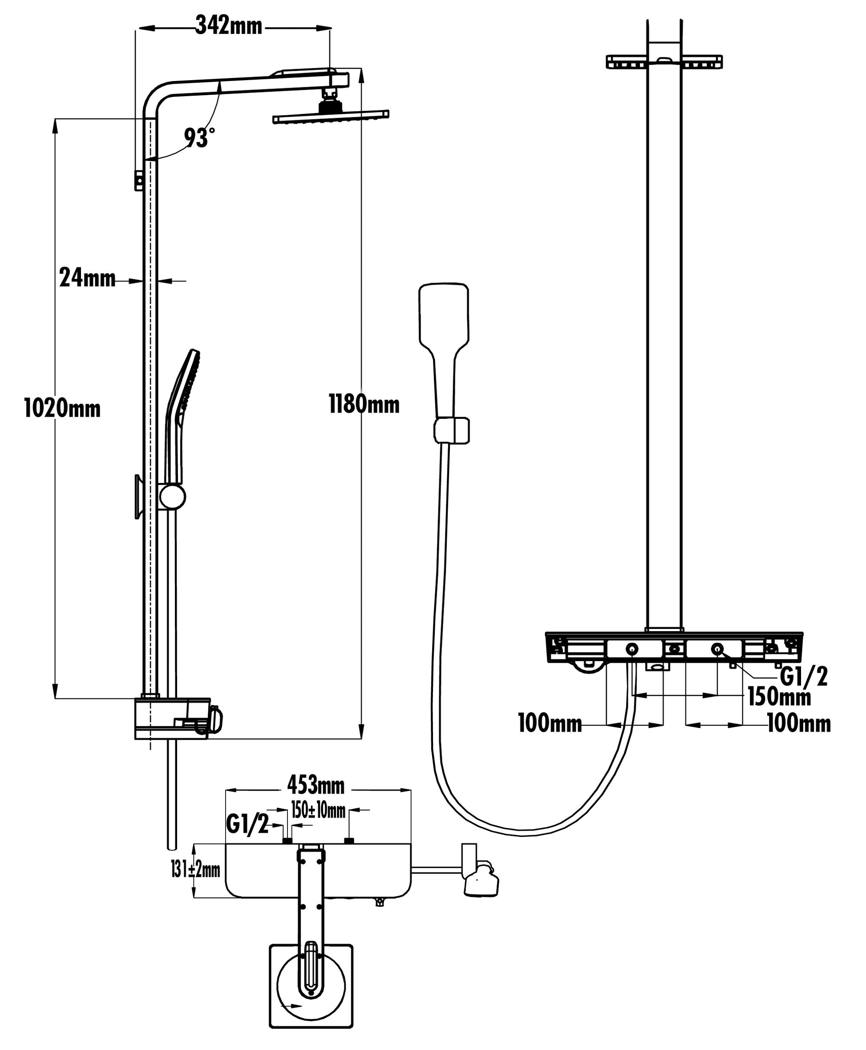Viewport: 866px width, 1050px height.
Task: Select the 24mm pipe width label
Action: tap(87, 278)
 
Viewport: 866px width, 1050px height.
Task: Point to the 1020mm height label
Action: tap(62, 409)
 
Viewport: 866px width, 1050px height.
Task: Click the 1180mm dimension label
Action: tap(364, 404)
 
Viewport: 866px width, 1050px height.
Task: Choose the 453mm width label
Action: tap(316, 786)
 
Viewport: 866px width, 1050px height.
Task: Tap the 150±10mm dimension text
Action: tap(318, 811)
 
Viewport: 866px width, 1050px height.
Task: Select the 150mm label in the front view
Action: tap(779, 697)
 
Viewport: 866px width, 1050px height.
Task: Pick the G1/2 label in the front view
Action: tap(804, 677)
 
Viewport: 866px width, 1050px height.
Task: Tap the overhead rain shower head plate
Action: tap(331, 116)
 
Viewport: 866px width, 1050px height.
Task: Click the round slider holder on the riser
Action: tap(172, 497)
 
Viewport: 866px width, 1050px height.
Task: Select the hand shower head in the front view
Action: tap(444, 315)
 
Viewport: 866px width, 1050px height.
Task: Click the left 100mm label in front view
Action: tap(550, 723)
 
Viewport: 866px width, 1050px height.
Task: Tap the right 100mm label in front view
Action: tap(799, 723)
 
